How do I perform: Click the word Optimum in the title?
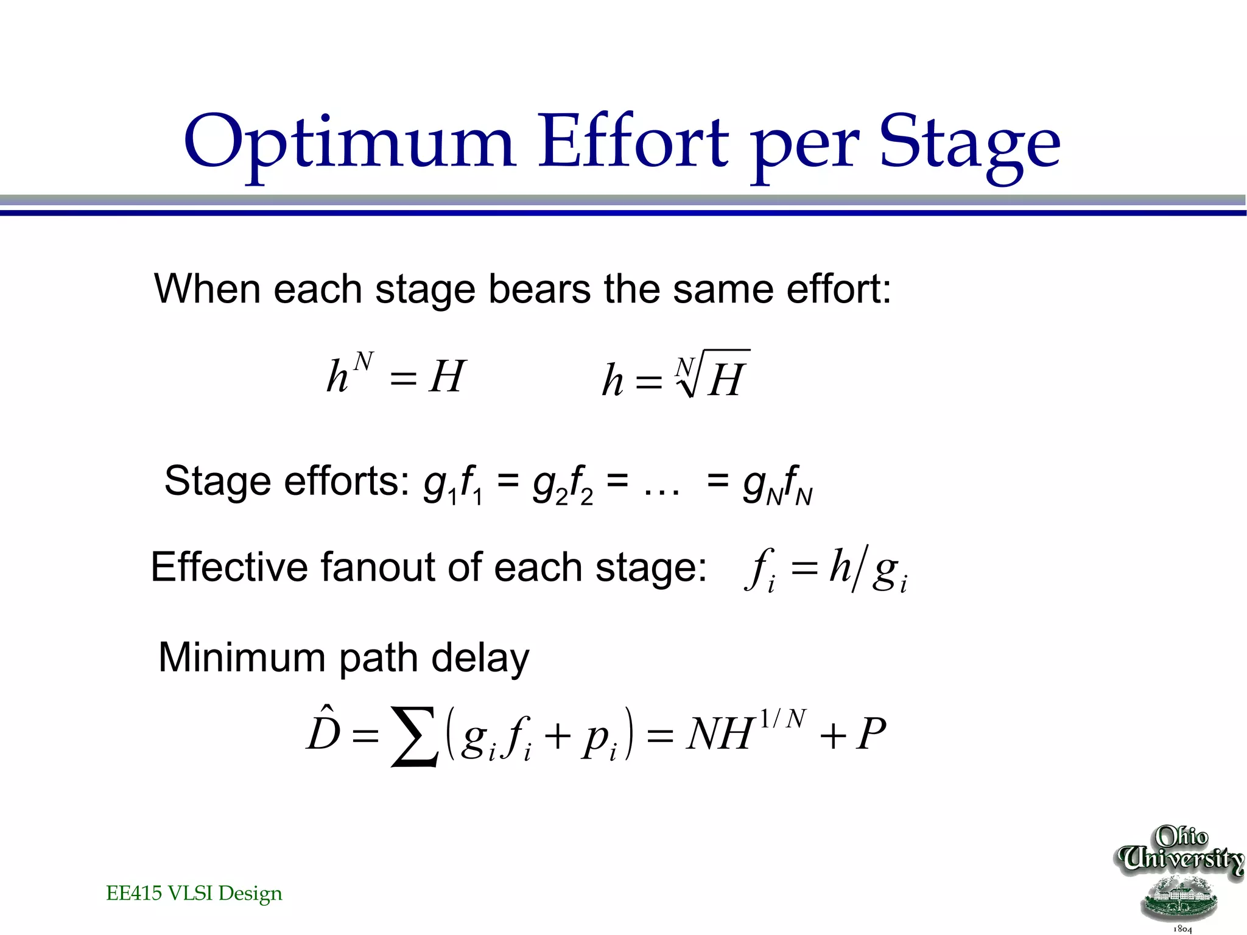(x=350, y=143)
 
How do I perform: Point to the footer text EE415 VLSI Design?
(x=194, y=893)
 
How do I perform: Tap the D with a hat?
(x=323, y=730)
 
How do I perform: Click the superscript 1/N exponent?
(x=783, y=720)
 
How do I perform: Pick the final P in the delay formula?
(x=871, y=735)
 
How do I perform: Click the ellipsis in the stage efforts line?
(x=661, y=491)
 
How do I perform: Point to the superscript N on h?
(x=363, y=362)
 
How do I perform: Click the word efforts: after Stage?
(x=347, y=481)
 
